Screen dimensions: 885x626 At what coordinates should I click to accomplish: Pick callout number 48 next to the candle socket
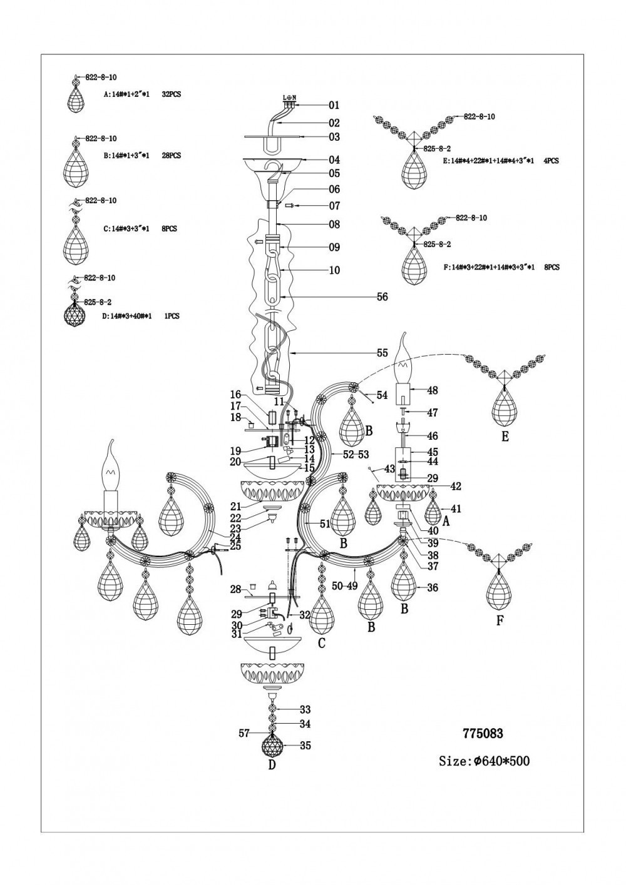coord(432,390)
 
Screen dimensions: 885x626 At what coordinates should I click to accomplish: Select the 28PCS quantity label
coord(171,155)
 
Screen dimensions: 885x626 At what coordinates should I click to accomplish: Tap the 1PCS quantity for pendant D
coord(171,316)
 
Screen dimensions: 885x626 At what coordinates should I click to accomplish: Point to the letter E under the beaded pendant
coord(505,437)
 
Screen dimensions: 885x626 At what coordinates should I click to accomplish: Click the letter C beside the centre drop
coord(321,643)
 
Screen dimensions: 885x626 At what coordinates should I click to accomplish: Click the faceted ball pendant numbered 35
coord(272,746)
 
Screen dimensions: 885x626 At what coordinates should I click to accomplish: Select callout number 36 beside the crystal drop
coord(432,587)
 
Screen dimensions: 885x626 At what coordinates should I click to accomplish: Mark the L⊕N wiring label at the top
coord(289,98)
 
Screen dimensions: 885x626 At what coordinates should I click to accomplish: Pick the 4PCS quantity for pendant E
coord(550,161)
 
